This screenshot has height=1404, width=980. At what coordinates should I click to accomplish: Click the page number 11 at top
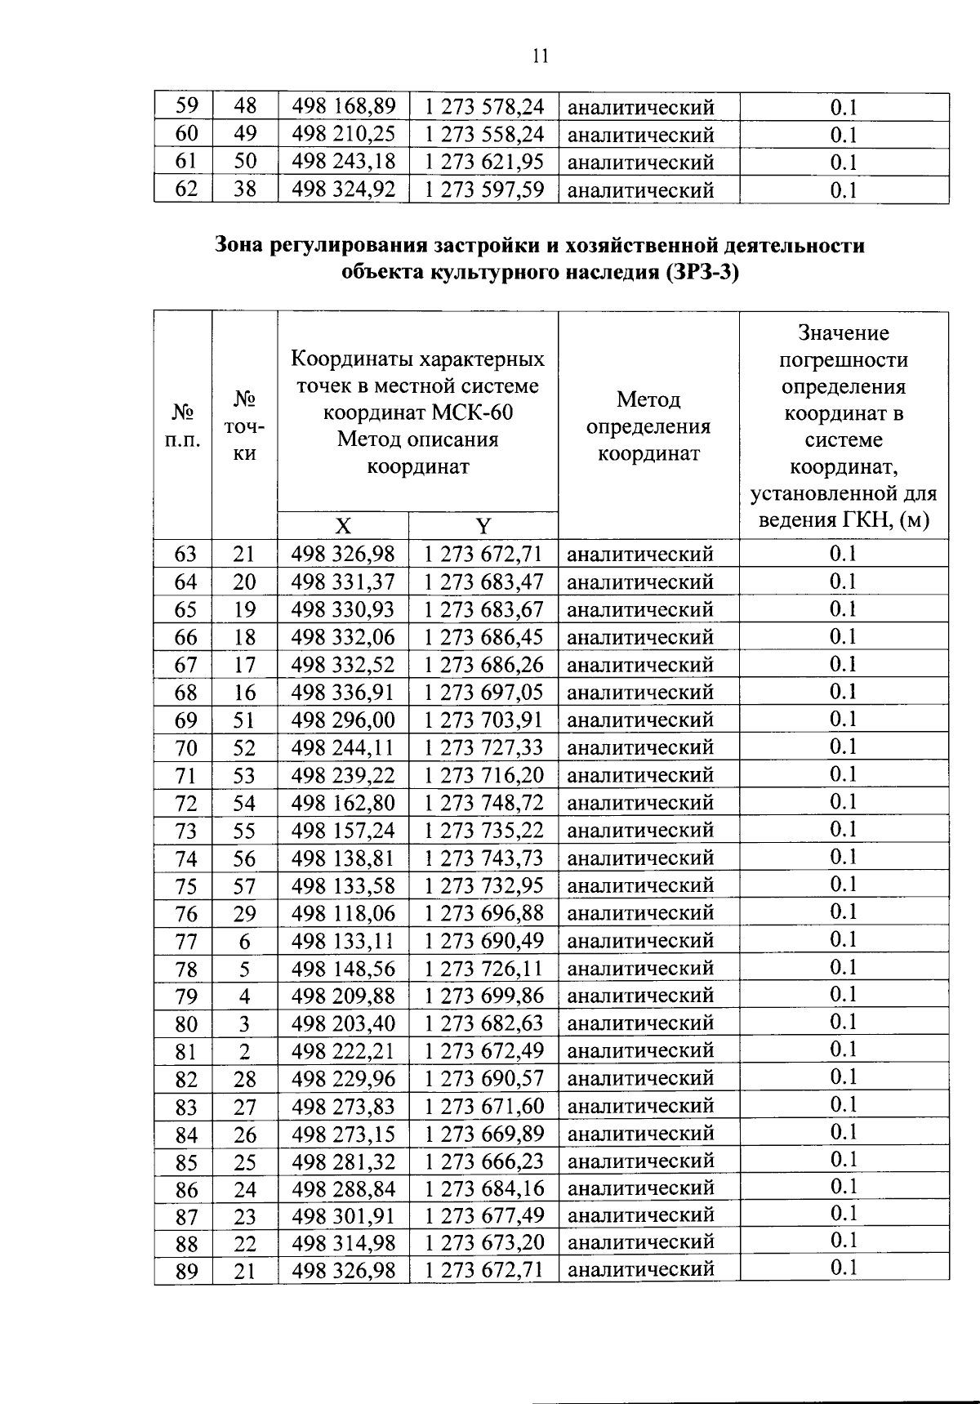pyautogui.click(x=540, y=56)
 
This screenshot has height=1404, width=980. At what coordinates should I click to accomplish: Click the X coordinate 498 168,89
pyautogui.click(x=343, y=106)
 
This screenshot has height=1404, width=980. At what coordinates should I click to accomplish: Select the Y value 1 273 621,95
pyautogui.click(x=483, y=162)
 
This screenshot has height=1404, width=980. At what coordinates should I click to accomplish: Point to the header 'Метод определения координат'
pyautogui.click(x=648, y=426)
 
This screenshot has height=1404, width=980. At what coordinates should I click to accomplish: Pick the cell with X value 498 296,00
pyautogui.click(x=343, y=720)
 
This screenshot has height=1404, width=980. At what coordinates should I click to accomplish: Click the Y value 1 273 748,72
pyautogui.click(x=483, y=803)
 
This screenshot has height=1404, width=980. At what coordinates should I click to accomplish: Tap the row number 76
pyautogui.click(x=186, y=914)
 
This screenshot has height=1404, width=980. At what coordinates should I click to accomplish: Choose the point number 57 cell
pyautogui.click(x=244, y=886)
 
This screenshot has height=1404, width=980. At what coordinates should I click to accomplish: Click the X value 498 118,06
pyautogui.click(x=343, y=913)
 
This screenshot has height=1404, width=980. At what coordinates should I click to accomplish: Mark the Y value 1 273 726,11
pyautogui.click(x=483, y=969)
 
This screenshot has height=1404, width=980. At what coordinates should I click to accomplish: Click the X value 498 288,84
pyautogui.click(x=343, y=1188)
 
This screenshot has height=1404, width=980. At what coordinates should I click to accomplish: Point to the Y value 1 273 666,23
pyautogui.click(x=483, y=1161)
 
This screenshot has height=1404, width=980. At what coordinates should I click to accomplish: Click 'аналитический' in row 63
pyautogui.click(x=640, y=555)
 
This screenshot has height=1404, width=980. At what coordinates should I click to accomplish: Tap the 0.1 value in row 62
pyautogui.click(x=843, y=190)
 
